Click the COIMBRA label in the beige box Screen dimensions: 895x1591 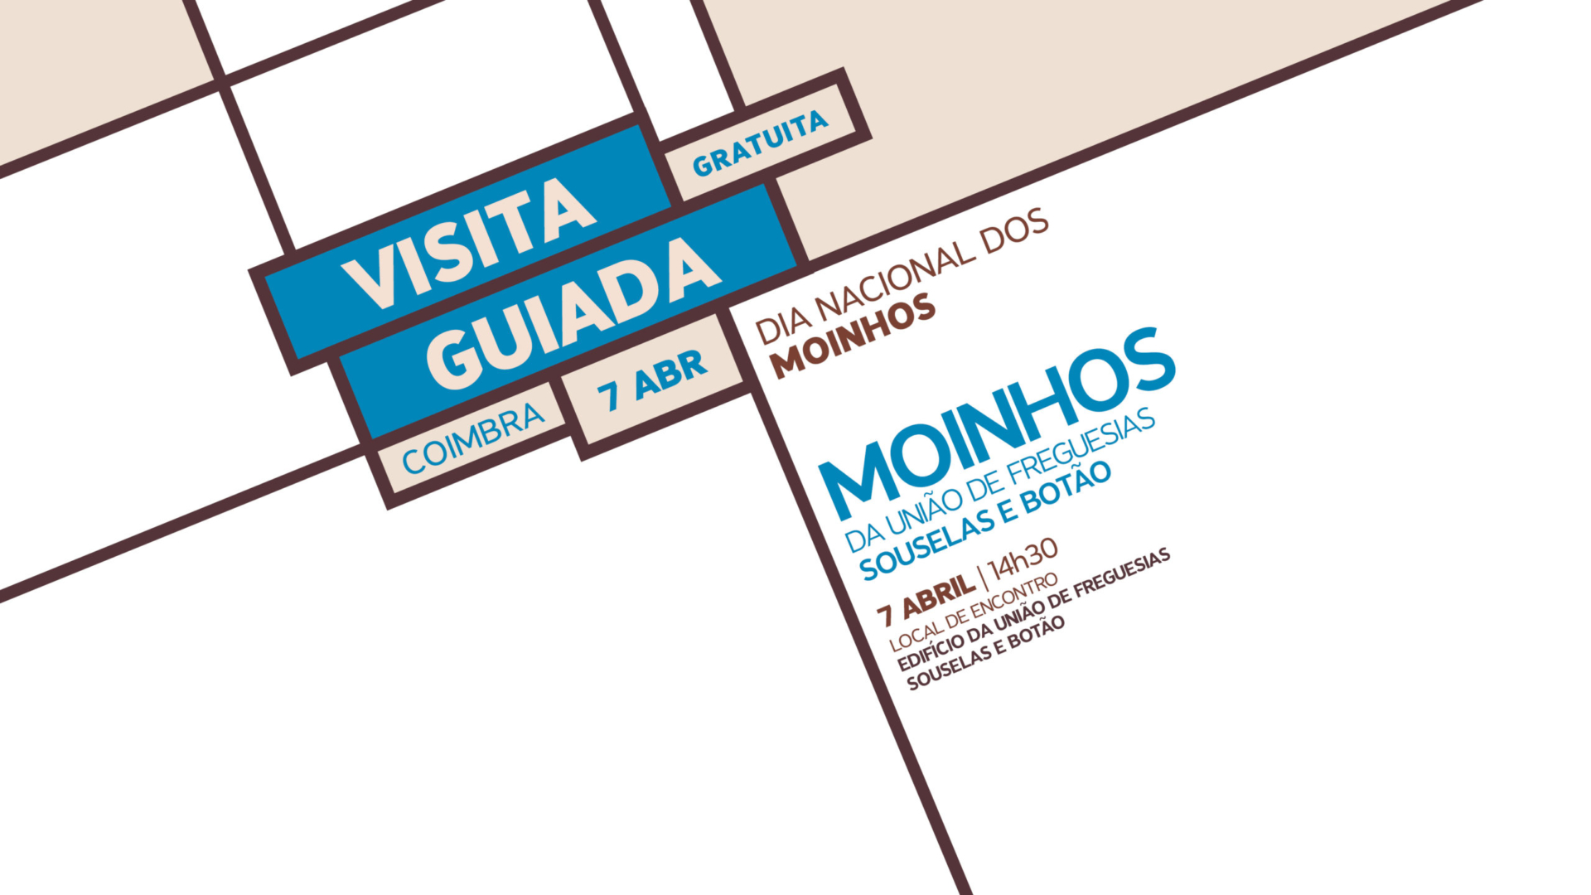(x=473, y=439)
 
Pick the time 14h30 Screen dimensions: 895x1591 (x=1024, y=557)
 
